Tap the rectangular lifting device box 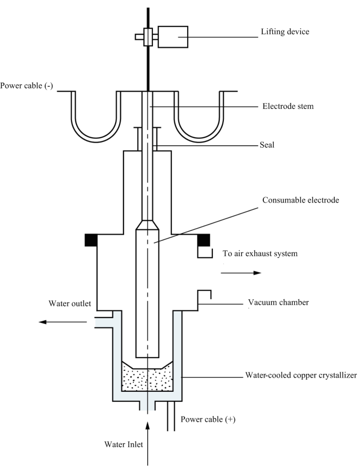point(176,36)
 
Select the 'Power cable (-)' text point(26,86)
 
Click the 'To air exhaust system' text point(260,253)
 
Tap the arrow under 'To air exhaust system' point(241,273)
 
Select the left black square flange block point(91,240)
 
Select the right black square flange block point(203,240)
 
